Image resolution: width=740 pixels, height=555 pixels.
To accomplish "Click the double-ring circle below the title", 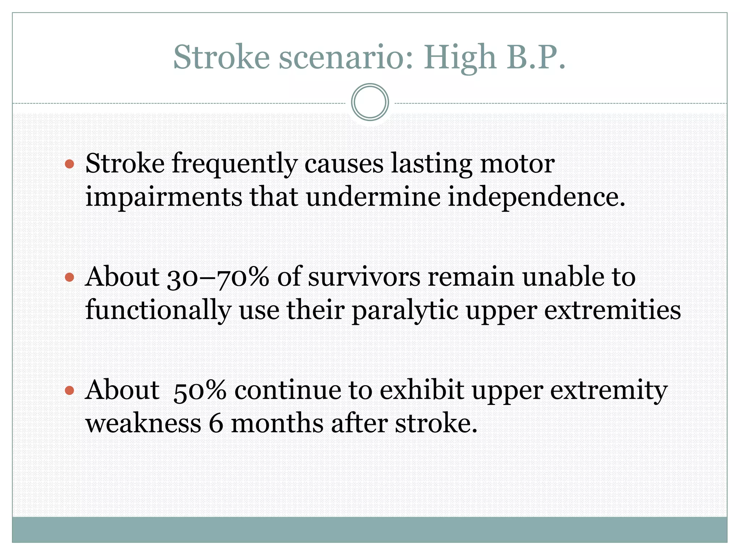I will [370, 102].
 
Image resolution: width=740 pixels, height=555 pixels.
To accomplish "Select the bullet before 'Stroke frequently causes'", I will [69, 165].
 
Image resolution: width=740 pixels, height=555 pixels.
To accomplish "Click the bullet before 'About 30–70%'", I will [69, 277].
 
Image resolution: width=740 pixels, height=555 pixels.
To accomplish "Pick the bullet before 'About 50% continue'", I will [69, 391].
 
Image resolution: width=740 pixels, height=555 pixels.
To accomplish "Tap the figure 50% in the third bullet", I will [199, 391].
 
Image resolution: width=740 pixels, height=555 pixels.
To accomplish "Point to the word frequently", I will [234, 165].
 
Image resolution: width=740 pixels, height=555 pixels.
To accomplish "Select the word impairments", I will [163, 198].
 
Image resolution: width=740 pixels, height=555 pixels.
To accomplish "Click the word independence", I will [536, 198].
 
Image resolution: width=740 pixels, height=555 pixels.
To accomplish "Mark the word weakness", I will [143, 424].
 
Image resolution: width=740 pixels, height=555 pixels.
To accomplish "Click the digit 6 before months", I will [216, 424].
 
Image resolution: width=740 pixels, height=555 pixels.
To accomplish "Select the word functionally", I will [158, 311].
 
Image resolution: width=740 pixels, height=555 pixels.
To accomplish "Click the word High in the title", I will [460, 58].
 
